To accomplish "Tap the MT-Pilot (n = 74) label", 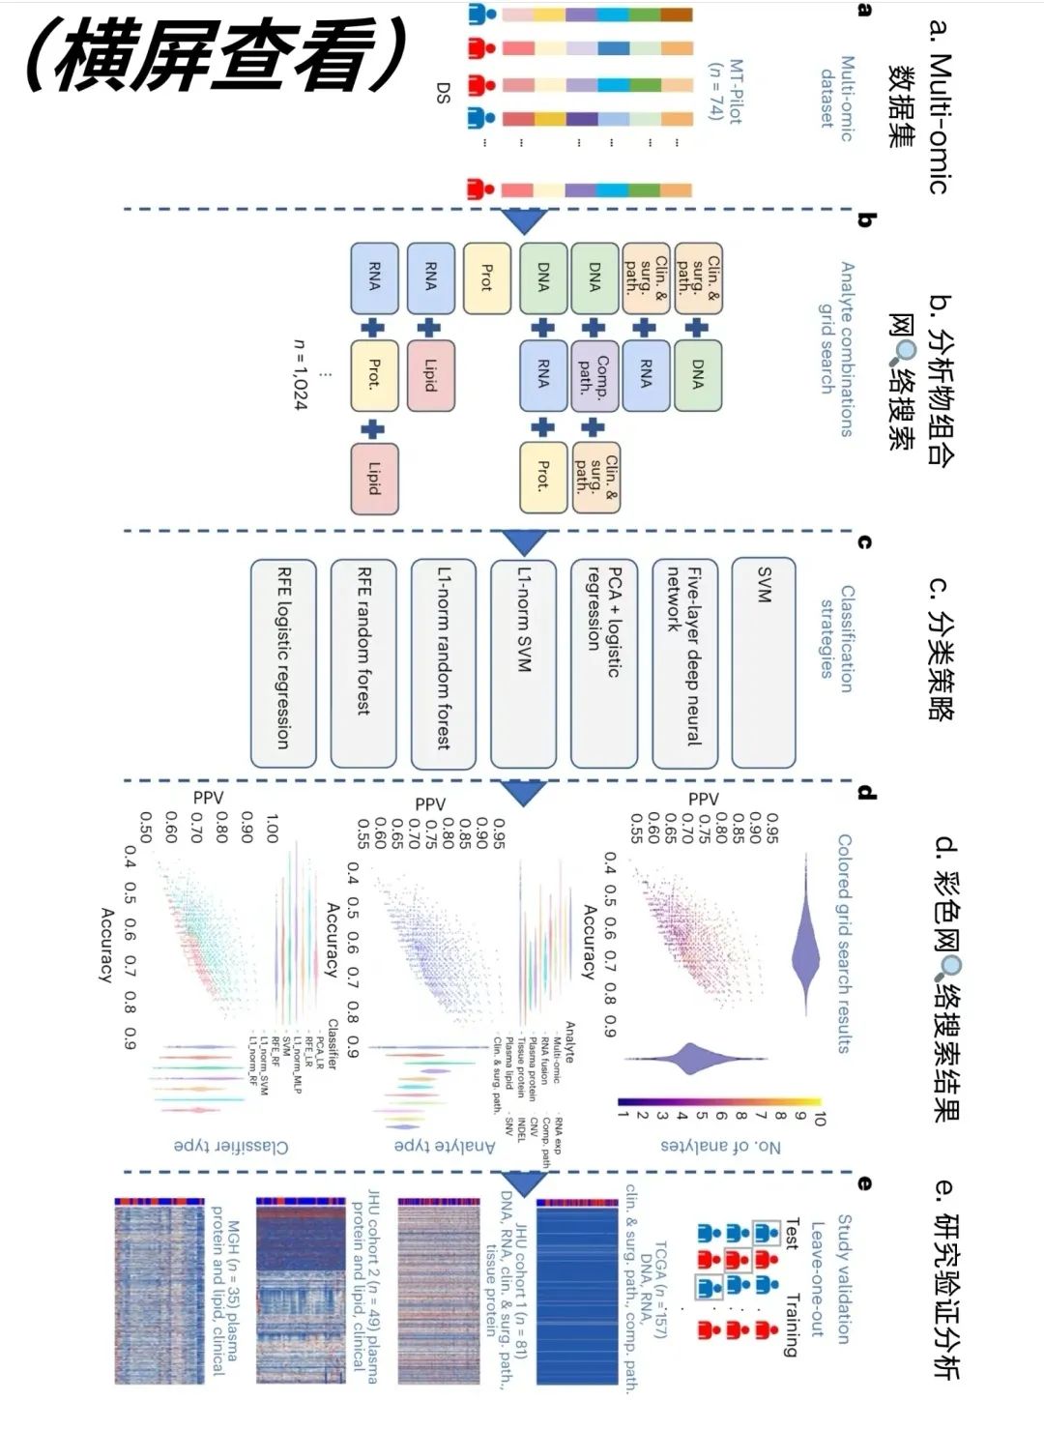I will coord(725,90).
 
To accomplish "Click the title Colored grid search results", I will coord(844,943).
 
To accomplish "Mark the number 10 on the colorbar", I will coord(820,1116).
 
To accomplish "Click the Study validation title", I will coord(844,1278).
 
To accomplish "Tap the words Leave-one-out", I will coord(817,1278).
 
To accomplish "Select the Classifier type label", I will coord(231,1147).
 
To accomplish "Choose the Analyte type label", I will coord(445,1147).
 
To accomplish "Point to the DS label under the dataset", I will coord(443,93).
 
